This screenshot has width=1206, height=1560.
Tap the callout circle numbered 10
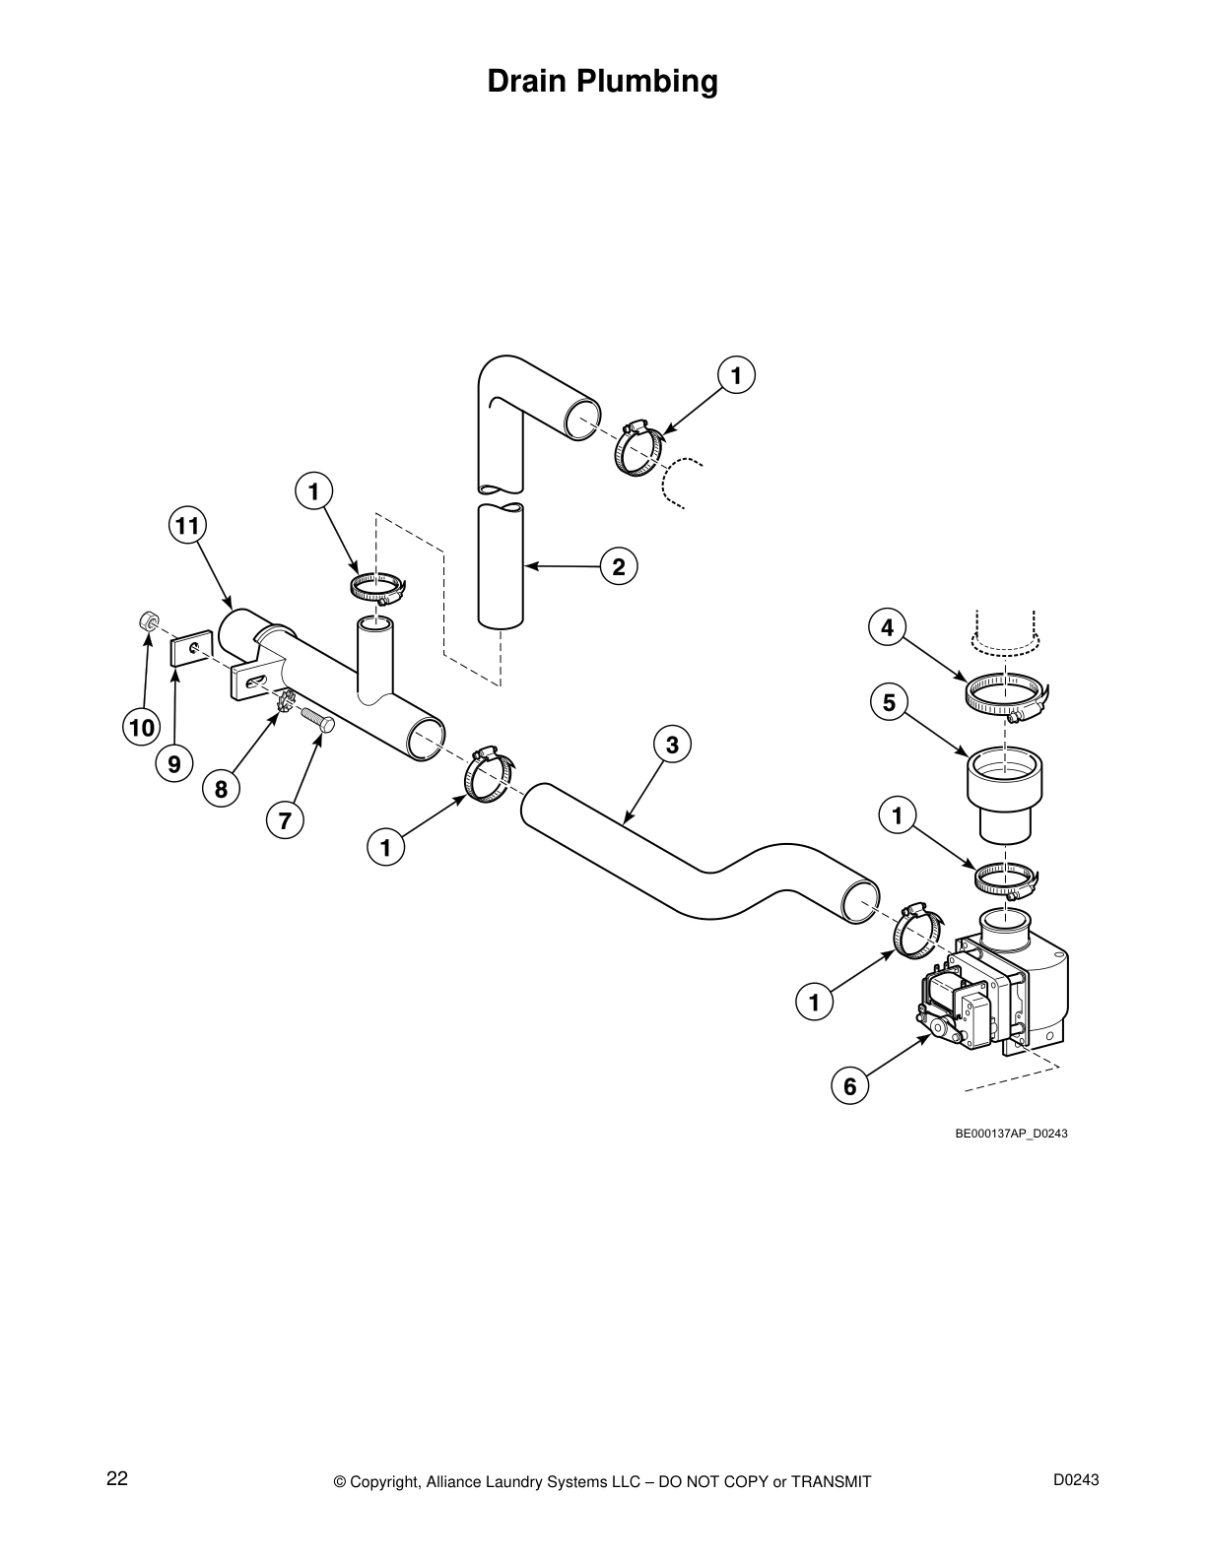pos(140,728)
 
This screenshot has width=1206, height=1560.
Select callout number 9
pos(174,764)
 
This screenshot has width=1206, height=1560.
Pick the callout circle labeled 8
pos(221,788)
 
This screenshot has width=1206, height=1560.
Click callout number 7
pos(285,819)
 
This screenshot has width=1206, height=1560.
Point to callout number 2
pos(619,566)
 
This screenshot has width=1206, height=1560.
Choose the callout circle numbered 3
pos(672,745)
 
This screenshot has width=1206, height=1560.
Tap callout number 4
pos(887,626)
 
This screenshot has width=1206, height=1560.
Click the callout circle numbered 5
pos(889,702)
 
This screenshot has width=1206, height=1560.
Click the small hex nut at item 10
pos(147,619)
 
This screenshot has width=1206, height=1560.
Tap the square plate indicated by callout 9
pos(190,651)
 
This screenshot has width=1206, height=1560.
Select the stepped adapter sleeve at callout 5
pos(1004,793)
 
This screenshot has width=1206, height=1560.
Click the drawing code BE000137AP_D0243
pos(1011,1134)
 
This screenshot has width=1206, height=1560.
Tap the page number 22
pos(117,1478)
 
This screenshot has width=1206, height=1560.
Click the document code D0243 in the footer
pos(1076,1479)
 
